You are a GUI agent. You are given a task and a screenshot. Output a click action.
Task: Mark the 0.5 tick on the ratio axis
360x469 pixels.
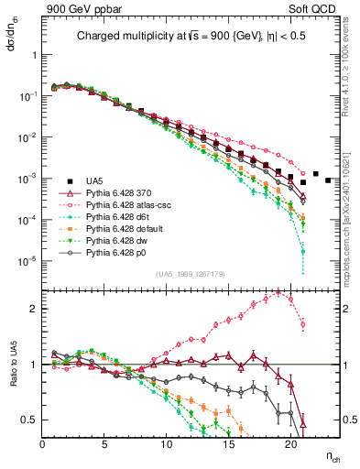(x=30, y=420)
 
